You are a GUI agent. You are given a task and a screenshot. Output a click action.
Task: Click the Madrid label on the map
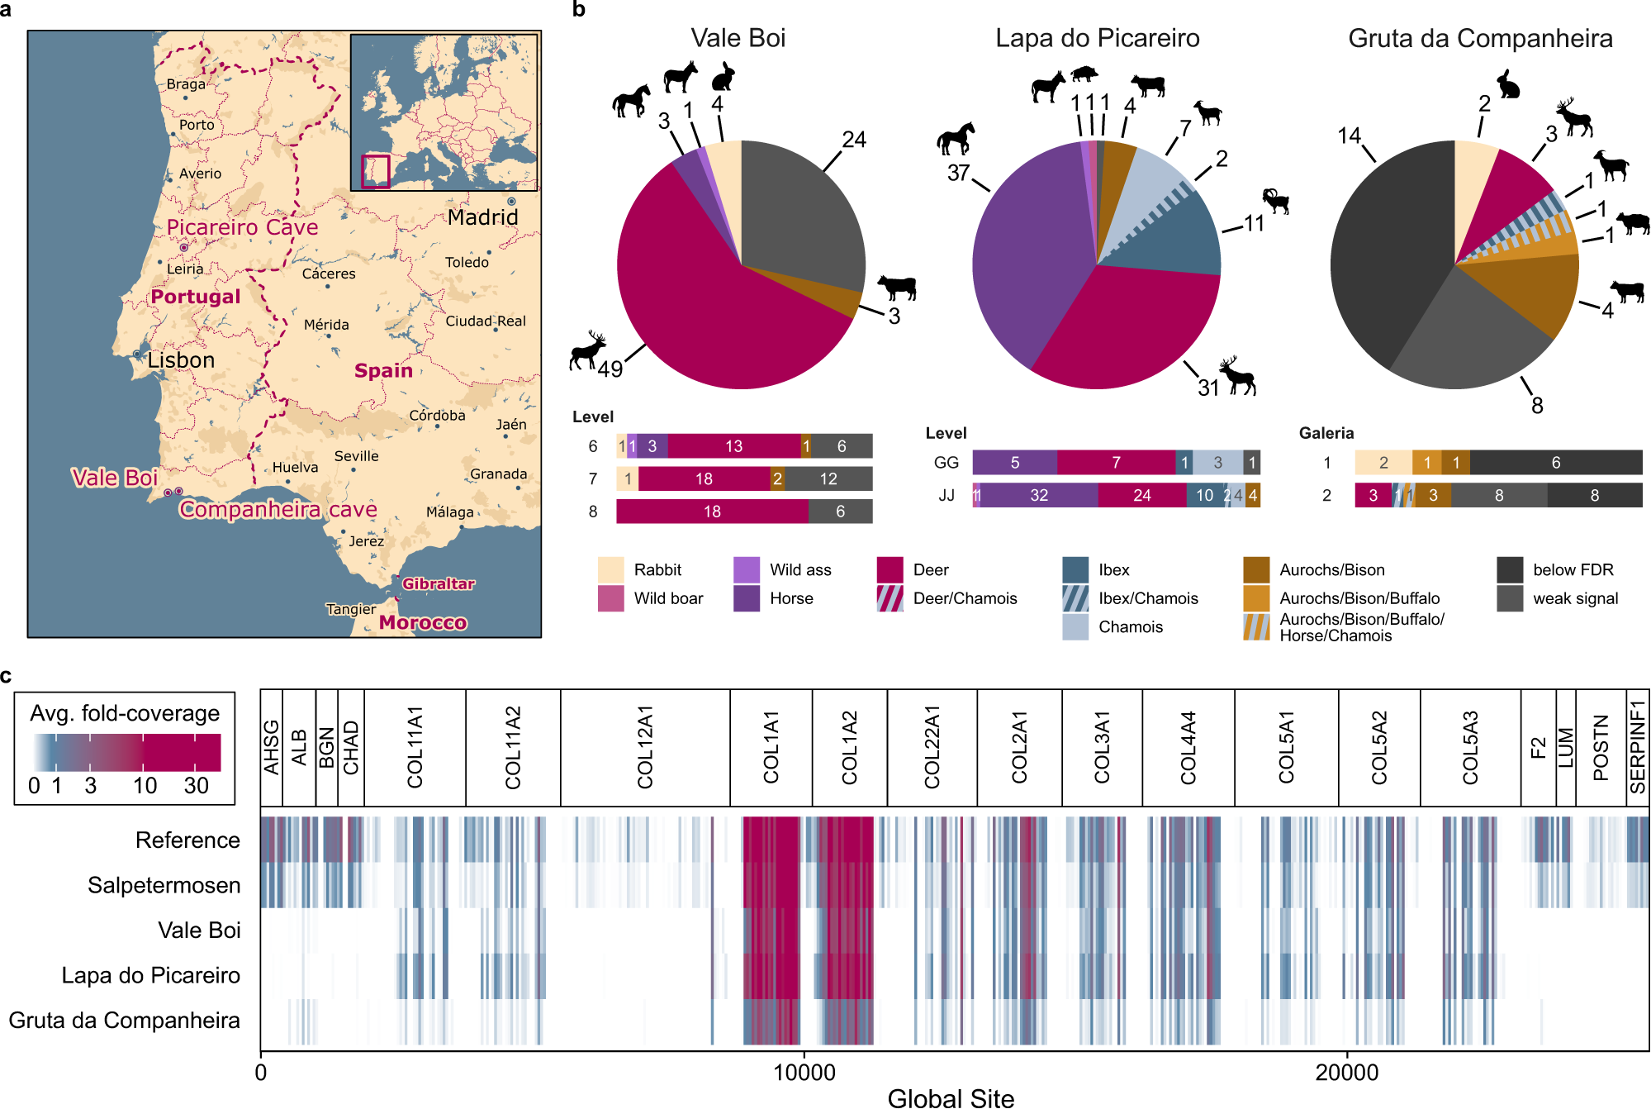coord(482,217)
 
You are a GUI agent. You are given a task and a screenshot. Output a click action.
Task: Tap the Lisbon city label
coord(181,360)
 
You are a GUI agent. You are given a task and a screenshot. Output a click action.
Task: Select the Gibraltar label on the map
coord(438,583)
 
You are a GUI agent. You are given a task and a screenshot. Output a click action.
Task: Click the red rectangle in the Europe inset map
coord(376,172)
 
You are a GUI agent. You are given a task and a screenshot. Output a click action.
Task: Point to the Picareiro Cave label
coord(242,227)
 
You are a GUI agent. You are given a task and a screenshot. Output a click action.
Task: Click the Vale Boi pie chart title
coord(738,38)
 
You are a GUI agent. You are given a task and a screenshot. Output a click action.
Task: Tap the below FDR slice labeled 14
coord(1388,248)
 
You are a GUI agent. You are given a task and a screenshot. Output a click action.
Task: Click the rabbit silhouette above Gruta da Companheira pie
coord(1508,84)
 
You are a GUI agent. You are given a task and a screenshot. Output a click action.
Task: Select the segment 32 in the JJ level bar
coord(1038,495)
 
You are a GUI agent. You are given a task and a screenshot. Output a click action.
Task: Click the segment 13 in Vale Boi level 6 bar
coord(733,446)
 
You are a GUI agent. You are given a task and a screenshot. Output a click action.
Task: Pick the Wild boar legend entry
coord(667,598)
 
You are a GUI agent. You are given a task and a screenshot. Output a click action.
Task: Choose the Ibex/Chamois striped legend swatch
coord(1075,598)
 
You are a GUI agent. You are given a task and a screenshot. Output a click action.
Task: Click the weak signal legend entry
coord(1574,598)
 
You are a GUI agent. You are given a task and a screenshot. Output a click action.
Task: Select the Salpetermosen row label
coord(164,885)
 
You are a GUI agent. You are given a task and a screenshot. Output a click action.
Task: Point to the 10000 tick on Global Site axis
coord(804,1072)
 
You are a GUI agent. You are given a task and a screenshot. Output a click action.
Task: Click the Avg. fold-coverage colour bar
coord(126,752)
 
